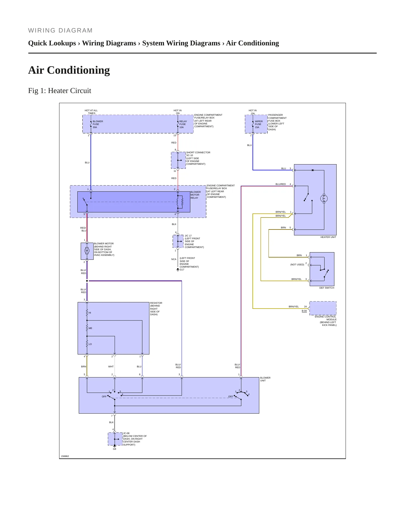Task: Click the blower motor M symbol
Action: pos(87,251)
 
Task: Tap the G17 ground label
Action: pos(182,270)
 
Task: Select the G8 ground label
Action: pos(114,449)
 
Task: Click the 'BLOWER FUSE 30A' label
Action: pos(98,124)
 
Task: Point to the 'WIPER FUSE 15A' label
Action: pos(259,124)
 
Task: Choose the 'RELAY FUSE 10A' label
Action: pos(183,124)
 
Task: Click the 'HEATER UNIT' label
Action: pos(328,237)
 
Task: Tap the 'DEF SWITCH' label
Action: pos(327,288)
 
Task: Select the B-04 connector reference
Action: pos(304,311)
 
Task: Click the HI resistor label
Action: pos(90,313)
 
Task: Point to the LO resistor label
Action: pos(90,344)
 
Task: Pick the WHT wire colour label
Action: pos(111,367)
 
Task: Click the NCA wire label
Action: pos(174,259)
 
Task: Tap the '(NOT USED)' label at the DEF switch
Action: pos(297,265)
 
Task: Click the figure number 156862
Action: pos(65,456)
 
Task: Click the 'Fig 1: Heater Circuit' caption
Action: pos(60,91)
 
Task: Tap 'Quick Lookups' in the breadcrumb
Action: pos(52,43)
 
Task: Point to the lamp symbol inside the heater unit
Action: pos(324,198)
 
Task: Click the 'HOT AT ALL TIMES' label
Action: pos(91,112)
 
